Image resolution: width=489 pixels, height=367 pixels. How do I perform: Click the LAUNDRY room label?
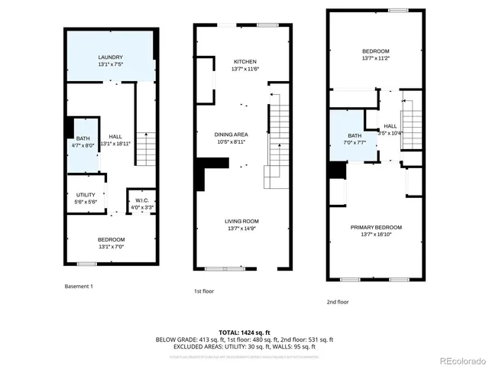111,57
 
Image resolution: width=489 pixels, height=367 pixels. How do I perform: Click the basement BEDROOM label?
111,239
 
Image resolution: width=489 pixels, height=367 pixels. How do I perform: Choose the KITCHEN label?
244,62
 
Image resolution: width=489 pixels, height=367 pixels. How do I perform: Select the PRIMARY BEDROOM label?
376,227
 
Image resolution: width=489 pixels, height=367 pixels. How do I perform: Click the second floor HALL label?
390,126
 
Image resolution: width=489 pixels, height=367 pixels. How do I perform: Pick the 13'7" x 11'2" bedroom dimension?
376,58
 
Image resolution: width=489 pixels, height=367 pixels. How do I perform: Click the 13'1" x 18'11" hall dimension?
115,143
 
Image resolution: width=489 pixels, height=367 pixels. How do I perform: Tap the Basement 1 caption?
79,286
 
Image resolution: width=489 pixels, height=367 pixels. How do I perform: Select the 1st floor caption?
203,291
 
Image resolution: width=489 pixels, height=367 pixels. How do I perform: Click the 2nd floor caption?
338,301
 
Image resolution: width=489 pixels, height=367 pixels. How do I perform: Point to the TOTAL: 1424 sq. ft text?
244,333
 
